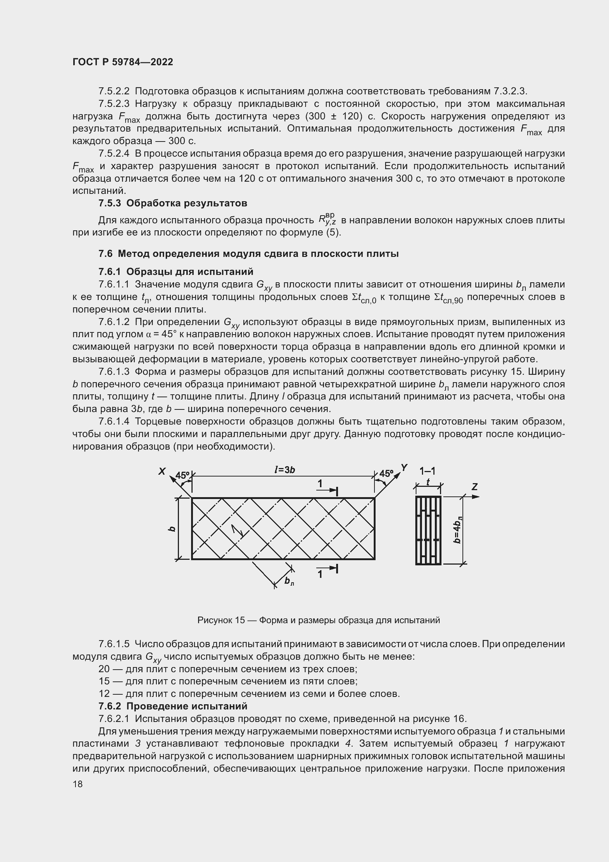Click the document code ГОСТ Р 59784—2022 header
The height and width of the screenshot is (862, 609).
tap(123, 62)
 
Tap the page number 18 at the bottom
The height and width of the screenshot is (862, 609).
tap(77, 784)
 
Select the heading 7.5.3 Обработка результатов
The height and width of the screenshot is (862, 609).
tap(172, 203)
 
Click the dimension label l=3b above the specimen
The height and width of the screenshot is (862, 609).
tap(285, 470)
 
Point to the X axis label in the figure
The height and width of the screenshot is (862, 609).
tap(162, 471)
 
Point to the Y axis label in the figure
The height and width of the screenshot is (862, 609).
tap(404, 467)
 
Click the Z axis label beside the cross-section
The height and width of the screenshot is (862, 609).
tap(474, 487)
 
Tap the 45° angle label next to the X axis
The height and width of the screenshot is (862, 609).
tap(183, 475)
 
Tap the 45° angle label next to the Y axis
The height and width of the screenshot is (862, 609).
tap(386, 474)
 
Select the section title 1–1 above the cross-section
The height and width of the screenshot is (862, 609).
tap(427, 471)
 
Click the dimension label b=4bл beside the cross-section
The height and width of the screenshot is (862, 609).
tap(457, 530)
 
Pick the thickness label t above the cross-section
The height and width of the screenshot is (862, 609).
tap(428, 482)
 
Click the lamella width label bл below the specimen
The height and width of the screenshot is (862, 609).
tap(289, 581)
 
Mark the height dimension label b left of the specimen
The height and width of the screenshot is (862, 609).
tap(172, 528)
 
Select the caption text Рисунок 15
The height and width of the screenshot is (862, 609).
tap(221, 620)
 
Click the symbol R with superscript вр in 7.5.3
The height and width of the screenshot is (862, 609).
tap(327, 219)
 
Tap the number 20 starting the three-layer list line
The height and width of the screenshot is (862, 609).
tap(104, 669)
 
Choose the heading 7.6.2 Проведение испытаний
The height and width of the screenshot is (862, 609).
tap(172, 706)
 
